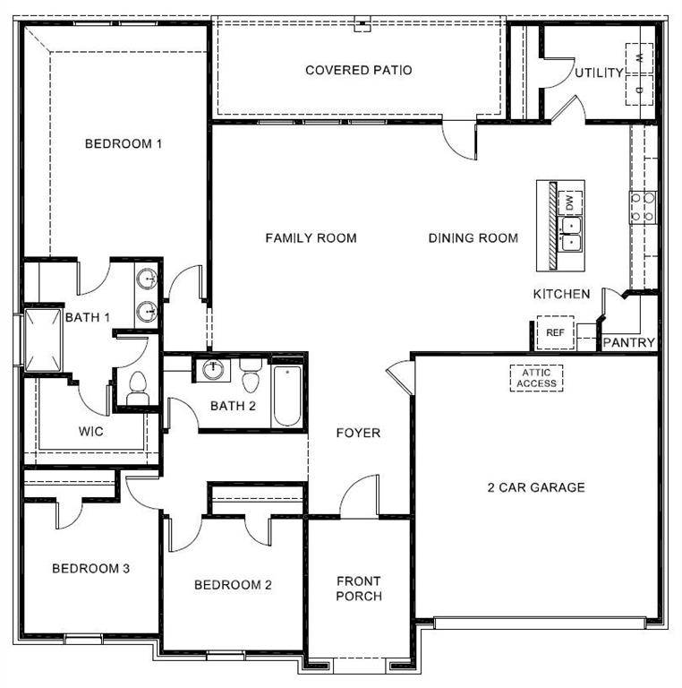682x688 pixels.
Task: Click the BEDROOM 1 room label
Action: point(123,143)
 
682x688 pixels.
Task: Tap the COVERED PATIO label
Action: point(358,70)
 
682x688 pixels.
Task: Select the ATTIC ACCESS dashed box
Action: point(536,378)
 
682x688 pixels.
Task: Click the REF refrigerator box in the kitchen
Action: point(555,332)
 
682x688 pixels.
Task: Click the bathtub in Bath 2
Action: point(288,394)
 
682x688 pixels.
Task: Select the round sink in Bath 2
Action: point(213,370)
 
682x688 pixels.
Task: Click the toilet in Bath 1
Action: point(137,387)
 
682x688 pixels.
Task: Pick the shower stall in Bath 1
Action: point(43,340)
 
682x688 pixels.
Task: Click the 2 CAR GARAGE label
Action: point(535,487)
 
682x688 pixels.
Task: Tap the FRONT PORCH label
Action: point(359,589)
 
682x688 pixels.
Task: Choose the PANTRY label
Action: point(628,342)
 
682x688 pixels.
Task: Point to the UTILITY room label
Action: point(599,73)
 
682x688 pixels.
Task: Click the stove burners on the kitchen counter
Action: point(643,206)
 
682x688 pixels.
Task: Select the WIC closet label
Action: point(90,431)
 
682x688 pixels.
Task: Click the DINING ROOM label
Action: point(473,237)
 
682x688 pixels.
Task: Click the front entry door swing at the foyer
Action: point(360,496)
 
